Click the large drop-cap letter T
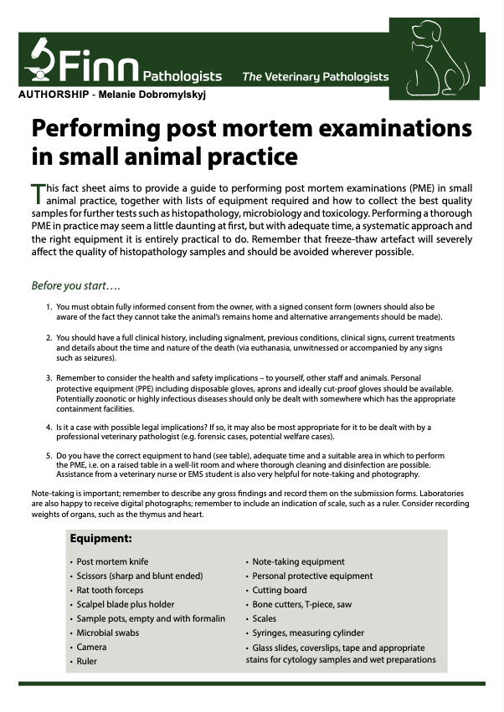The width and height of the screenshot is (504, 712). point(37,195)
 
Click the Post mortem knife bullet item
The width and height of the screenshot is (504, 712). point(112,562)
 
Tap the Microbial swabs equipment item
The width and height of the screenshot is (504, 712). point(106,633)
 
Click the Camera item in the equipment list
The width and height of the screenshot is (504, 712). point(91,648)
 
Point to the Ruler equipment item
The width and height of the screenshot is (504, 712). point(87,662)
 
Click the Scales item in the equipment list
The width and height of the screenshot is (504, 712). point(266,618)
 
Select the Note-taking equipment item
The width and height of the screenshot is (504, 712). point(299,562)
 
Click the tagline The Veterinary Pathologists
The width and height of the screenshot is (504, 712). point(316,77)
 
